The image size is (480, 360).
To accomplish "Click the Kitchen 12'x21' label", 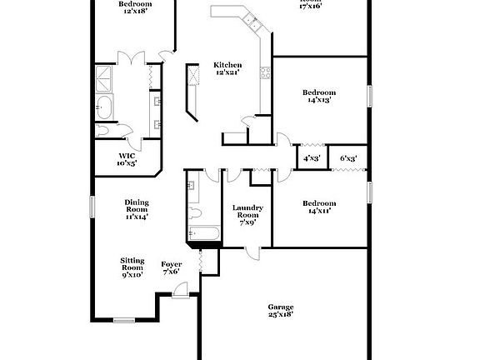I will [x=227, y=69].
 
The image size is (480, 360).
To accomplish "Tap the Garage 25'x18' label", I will [x=280, y=310].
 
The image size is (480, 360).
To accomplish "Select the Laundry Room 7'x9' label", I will [x=247, y=215].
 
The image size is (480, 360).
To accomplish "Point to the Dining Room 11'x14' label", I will [x=136, y=209].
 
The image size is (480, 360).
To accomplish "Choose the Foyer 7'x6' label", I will [x=172, y=267].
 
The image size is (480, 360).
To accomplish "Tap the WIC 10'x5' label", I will [x=127, y=160].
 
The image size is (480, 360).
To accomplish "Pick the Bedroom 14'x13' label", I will [x=319, y=96].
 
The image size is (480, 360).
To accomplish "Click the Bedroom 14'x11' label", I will [x=319, y=207].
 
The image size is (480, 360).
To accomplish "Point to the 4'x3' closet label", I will [x=312, y=157].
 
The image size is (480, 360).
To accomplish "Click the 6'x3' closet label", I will [x=347, y=157].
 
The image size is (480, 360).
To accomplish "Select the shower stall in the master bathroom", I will [x=106, y=77].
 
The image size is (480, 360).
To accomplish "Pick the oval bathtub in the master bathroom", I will [x=106, y=107].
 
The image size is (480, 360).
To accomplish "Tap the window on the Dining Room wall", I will [x=92, y=206].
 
